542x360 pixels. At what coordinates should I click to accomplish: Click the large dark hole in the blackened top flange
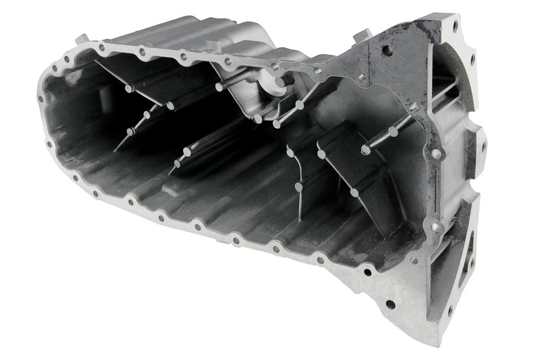[387, 50]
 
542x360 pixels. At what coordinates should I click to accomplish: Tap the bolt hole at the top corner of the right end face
[455, 25]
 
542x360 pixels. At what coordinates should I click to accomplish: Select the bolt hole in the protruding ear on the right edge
[483, 146]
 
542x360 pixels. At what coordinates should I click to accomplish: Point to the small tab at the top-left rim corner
[82, 38]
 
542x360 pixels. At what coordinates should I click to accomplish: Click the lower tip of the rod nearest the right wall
[366, 150]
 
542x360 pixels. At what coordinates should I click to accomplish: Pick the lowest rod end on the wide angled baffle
[354, 193]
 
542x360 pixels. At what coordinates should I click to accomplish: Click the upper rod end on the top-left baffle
[129, 88]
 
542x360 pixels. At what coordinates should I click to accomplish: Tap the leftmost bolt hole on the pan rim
[41, 99]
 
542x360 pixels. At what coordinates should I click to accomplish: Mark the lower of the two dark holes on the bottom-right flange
[390, 304]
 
